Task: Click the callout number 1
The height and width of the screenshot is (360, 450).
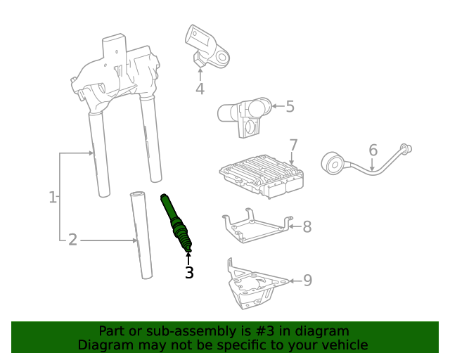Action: pyautogui.click(x=53, y=198)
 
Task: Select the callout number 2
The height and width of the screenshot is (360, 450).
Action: pyautogui.click(x=72, y=240)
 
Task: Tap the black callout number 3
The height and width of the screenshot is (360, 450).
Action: pyautogui.click(x=188, y=272)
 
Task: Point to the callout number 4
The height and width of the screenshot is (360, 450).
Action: pyautogui.click(x=200, y=89)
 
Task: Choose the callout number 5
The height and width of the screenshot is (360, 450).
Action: pyautogui.click(x=290, y=107)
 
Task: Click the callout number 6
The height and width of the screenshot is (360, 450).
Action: pyautogui.click(x=373, y=150)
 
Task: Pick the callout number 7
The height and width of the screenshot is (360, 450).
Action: pyautogui.click(x=293, y=146)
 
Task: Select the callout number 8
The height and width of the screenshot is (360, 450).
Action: pyautogui.click(x=307, y=226)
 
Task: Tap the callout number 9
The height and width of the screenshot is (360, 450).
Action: pyautogui.click(x=307, y=281)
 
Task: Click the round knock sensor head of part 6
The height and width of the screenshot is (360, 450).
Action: pyautogui.click(x=333, y=163)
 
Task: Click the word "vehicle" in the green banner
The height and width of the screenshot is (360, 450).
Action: pyautogui.click(x=343, y=345)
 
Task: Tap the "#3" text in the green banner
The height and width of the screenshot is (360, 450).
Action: pyautogui.click(x=247, y=330)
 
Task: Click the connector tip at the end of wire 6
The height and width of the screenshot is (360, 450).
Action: pyautogui.click(x=406, y=148)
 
